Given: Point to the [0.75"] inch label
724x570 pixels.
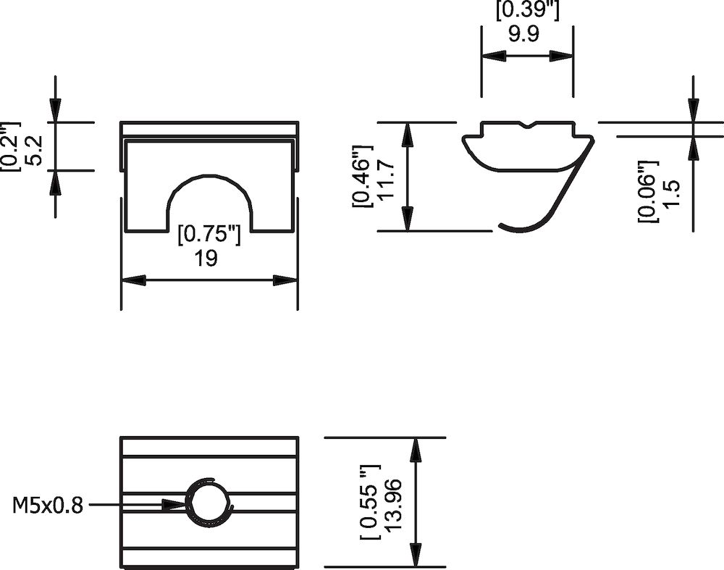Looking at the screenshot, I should tap(209, 235).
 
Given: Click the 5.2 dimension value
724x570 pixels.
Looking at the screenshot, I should tap(35, 148).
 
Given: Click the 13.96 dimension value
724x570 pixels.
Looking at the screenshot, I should tap(394, 505).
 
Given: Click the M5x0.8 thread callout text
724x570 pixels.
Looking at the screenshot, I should tap(48, 505).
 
